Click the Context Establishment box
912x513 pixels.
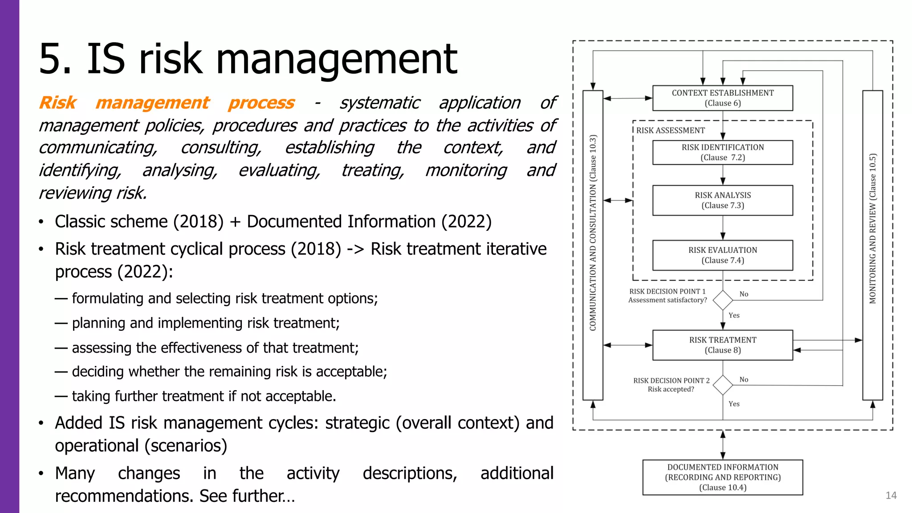click(x=722, y=98)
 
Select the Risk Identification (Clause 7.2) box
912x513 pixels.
click(x=722, y=152)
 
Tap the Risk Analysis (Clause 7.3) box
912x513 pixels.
click(x=722, y=200)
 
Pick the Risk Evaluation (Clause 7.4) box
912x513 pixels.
click(x=722, y=255)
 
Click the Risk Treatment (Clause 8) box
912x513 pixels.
click(x=722, y=345)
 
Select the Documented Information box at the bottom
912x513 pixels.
click(x=722, y=477)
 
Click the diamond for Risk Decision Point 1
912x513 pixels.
click(x=723, y=300)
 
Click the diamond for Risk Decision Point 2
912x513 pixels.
click(x=723, y=385)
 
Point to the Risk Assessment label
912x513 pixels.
click(x=670, y=130)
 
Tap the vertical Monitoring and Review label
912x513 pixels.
click(x=872, y=228)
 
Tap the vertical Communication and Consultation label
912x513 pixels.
click(x=593, y=232)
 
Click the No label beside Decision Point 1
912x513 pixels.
click(x=744, y=294)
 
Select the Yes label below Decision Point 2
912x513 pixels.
click(x=734, y=404)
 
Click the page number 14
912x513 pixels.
click(x=891, y=496)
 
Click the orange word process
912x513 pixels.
click(x=261, y=103)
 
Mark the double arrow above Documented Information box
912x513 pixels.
click(x=723, y=445)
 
